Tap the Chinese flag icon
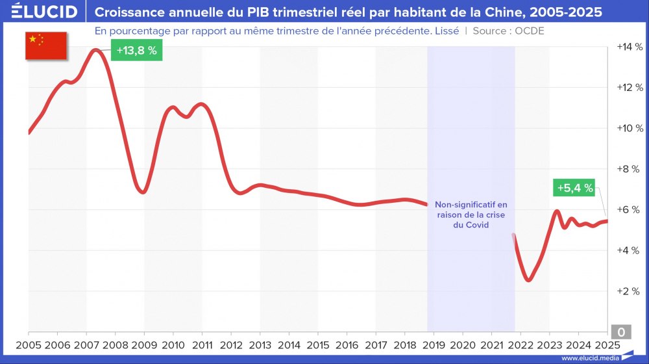46,46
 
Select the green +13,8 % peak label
136,51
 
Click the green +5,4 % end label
574,188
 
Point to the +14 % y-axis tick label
629,47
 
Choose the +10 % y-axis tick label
629,128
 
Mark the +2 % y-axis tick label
629,291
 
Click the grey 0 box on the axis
621,332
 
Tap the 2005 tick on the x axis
29,344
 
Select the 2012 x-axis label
231,344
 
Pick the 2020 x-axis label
463,344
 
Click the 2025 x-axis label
607,344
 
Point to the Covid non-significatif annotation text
471,214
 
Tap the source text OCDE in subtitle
530,31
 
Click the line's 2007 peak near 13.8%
96,50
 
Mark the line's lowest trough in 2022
529,279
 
